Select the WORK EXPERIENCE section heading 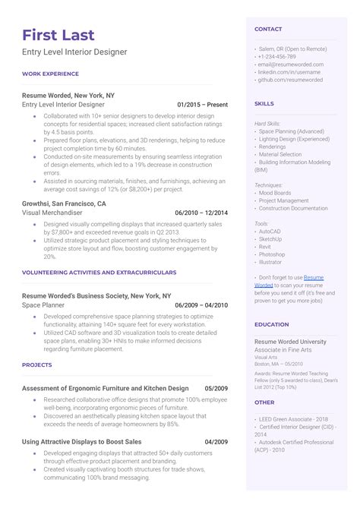50,74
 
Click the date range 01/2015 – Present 202,104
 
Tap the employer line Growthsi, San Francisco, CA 64,204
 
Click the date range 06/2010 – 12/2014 201,213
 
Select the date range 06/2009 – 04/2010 201,304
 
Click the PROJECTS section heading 37,364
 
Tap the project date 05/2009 216,388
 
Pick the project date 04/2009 216,441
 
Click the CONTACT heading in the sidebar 268,29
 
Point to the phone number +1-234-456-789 277,56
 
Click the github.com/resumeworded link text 290,79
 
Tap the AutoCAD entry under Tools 271,232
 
